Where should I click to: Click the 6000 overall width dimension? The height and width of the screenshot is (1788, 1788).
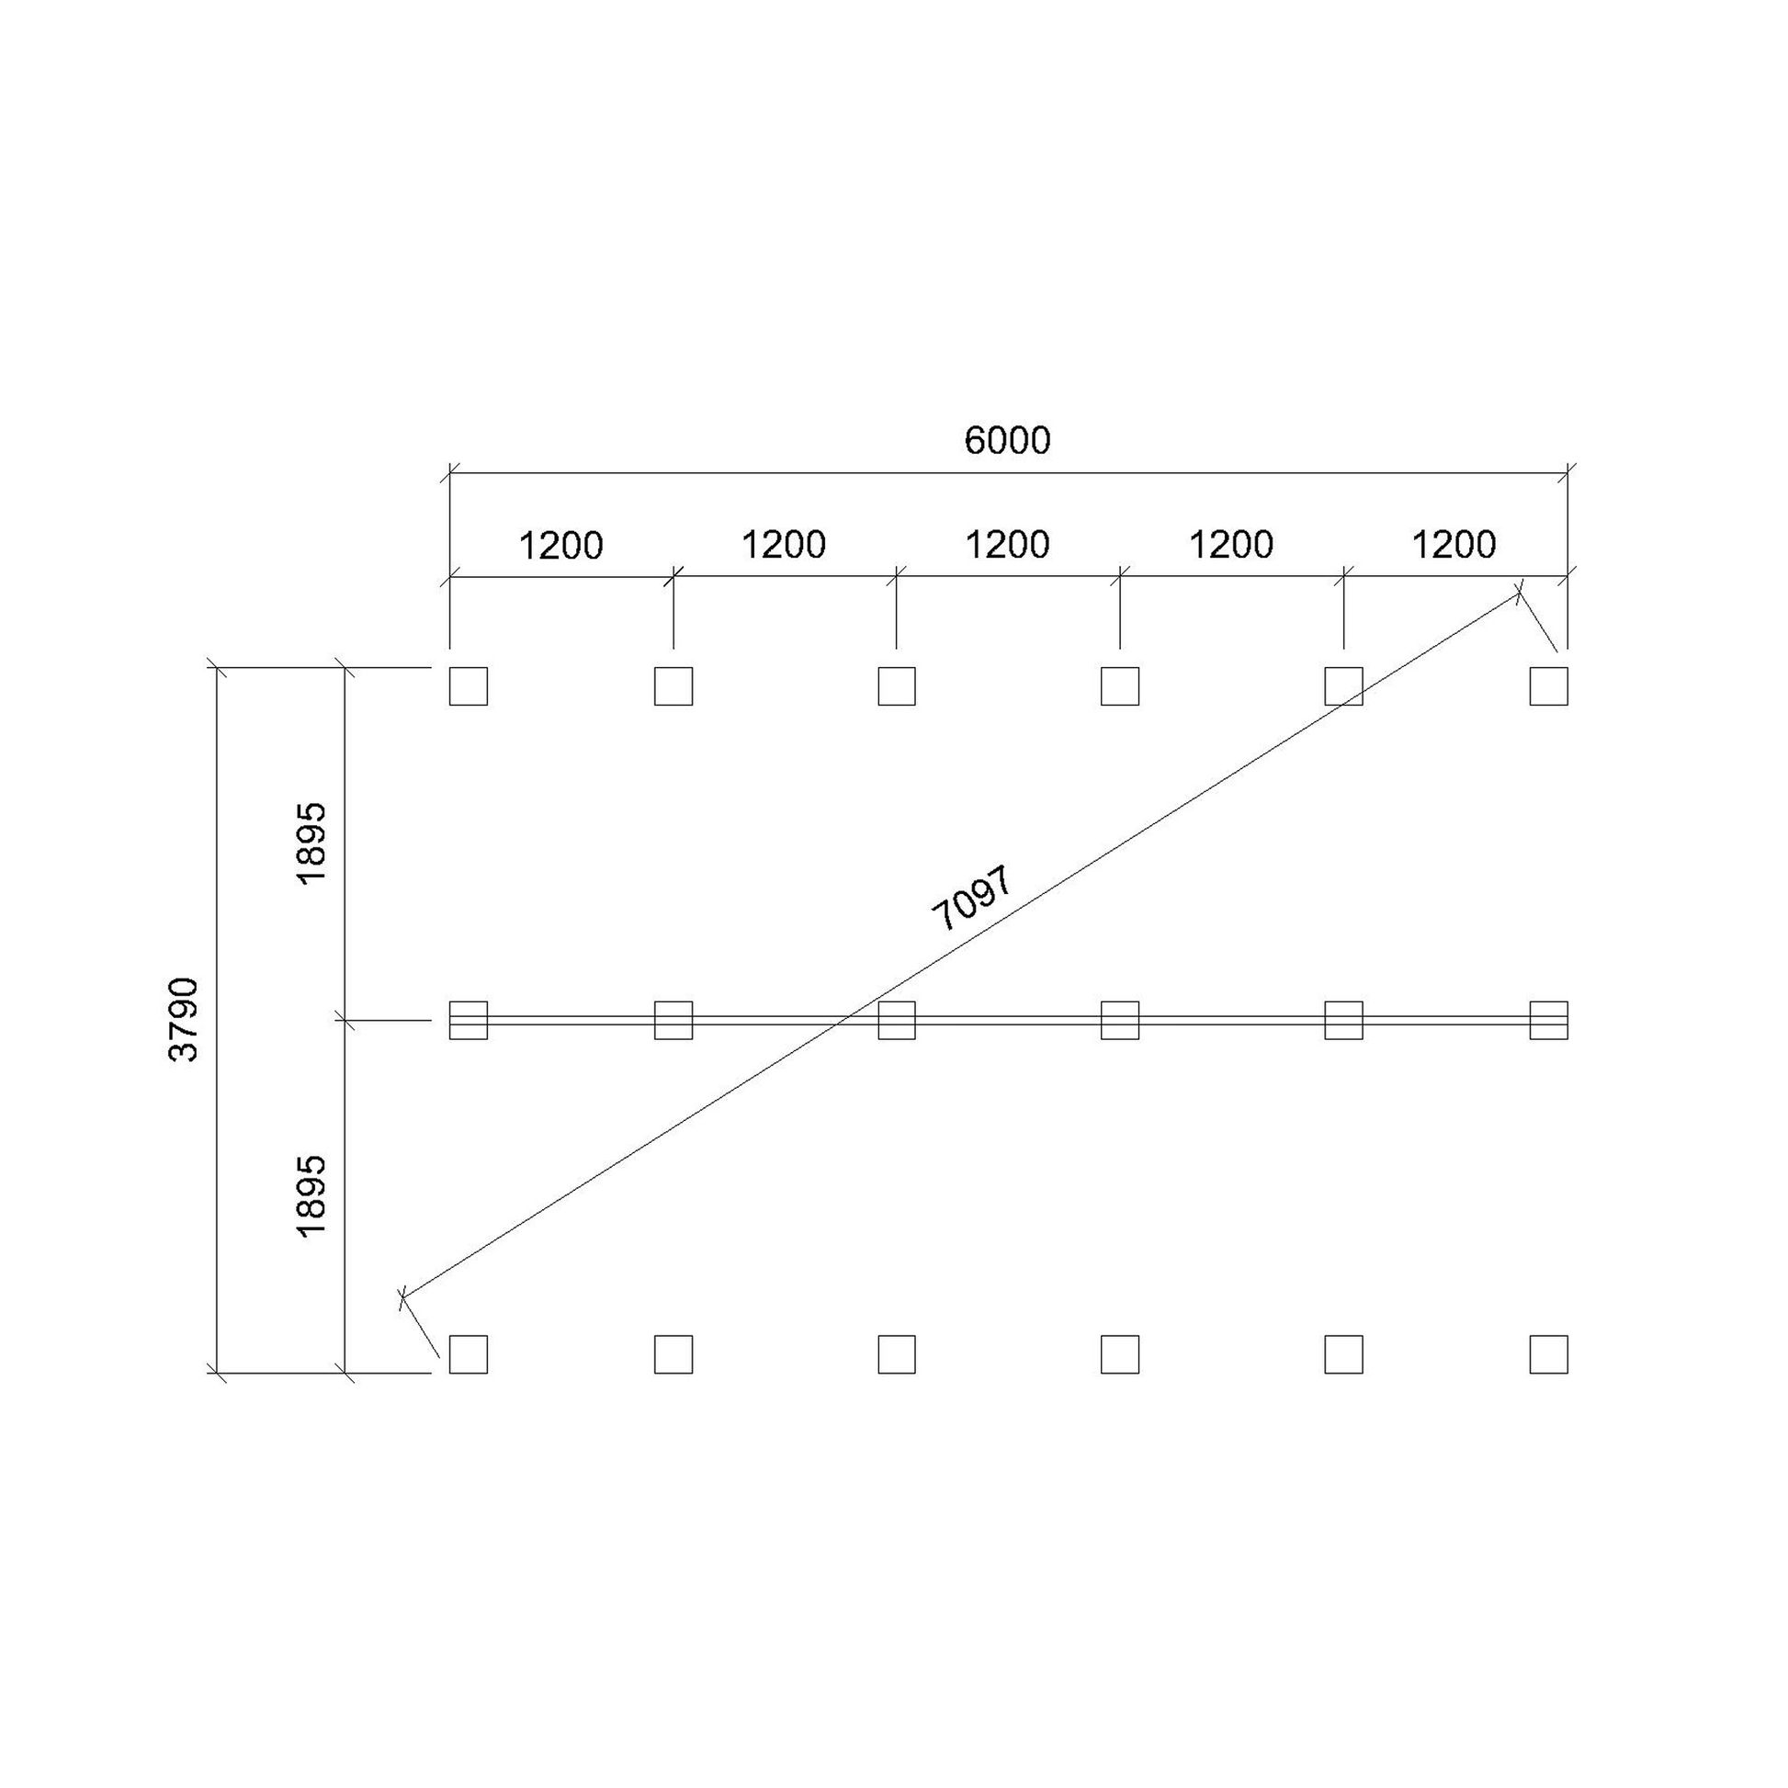tap(1007, 440)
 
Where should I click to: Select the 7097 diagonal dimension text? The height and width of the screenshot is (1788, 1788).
tap(974, 898)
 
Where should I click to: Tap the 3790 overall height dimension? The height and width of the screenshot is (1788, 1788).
tap(183, 1019)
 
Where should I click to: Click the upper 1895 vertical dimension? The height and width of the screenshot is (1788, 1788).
tap(311, 843)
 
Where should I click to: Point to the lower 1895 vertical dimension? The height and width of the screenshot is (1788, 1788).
tap(311, 1194)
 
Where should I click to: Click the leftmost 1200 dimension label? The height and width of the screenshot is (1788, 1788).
tap(560, 545)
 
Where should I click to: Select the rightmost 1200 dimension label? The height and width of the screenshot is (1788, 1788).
tap(1453, 544)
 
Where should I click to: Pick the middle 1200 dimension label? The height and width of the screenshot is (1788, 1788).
tap(1007, 544)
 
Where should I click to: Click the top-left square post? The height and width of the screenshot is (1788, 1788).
tap(469, 685)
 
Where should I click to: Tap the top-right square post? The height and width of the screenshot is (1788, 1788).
tap(1548, 685)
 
